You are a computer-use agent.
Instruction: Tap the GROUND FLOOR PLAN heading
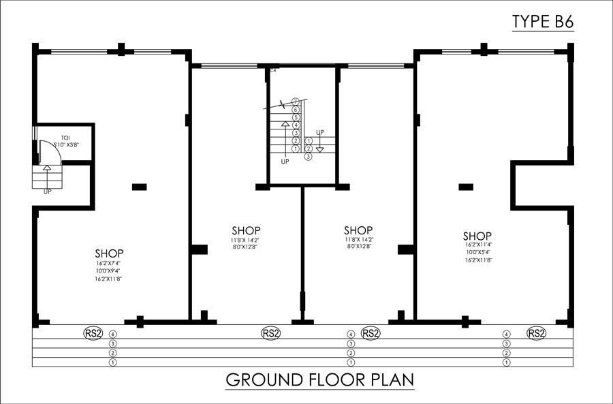click(319, 379)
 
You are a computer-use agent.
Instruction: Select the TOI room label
click(65, 138)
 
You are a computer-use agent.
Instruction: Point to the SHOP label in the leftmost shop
click(109, 251)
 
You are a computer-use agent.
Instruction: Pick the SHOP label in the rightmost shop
click(479, 234)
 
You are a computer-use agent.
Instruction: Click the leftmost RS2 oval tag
click(93, 333)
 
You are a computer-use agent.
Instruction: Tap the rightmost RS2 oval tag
click(537, 333)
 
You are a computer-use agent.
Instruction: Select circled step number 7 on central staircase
click(296, 102)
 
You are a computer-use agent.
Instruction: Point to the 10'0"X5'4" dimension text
click(479, 253)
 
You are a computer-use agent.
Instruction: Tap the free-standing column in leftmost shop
click(139, 185)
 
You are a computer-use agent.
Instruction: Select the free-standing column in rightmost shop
click(466, 185)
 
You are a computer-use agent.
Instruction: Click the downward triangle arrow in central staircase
click(320, 149)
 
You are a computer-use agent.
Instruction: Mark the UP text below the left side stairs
click(48, 192)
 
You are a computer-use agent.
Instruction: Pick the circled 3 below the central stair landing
click(308, 156)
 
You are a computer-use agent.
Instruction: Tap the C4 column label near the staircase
click(273, 70)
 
